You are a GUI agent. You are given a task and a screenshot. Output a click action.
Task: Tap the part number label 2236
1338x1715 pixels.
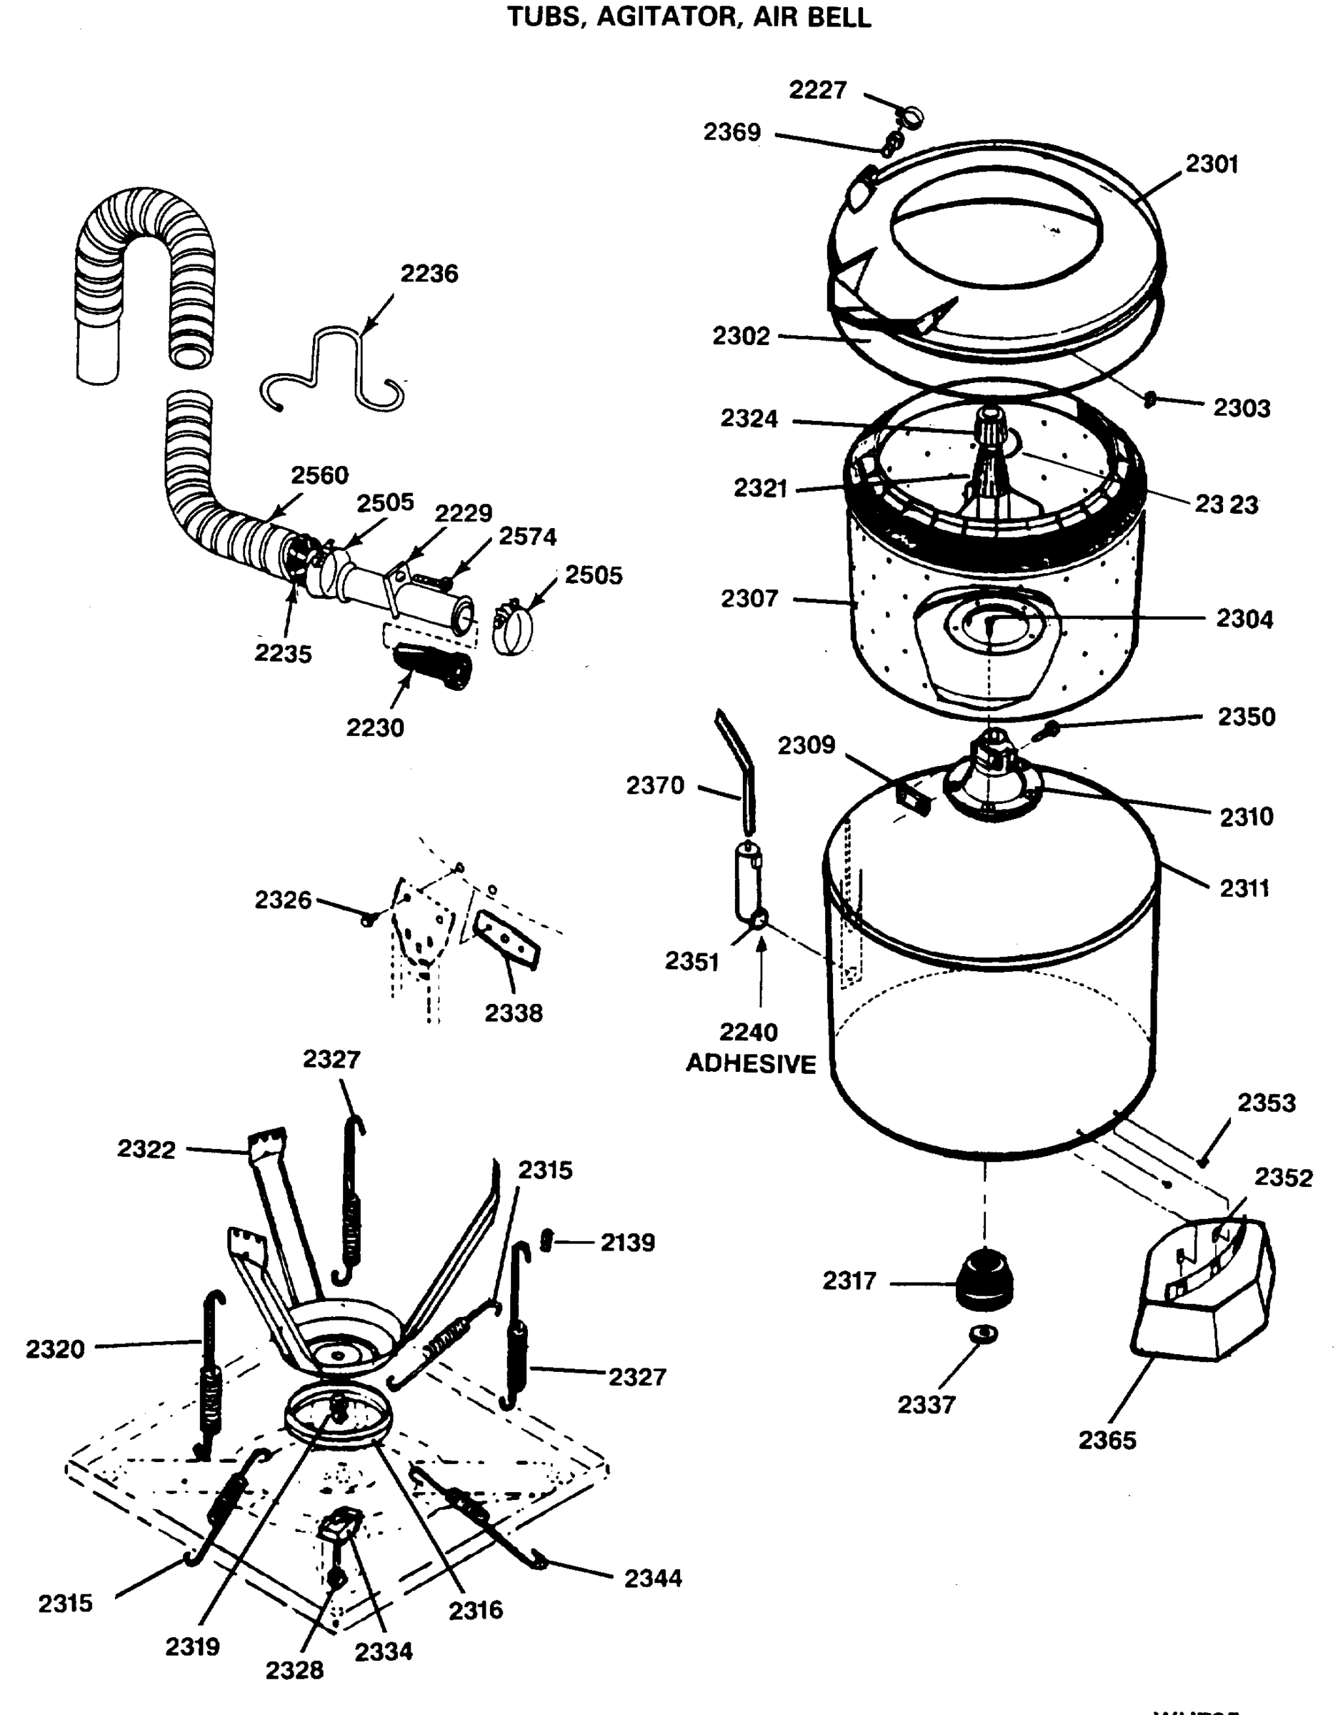coord(429,274)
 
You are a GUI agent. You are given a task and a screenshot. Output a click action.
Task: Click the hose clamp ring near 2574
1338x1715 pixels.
coord(513,629)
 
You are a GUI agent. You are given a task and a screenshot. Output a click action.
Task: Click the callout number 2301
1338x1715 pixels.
coord(1212,164)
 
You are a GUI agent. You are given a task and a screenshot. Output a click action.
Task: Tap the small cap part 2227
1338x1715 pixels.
coord(911,119)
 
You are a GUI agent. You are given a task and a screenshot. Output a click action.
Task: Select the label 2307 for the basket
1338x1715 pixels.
coord(749,598)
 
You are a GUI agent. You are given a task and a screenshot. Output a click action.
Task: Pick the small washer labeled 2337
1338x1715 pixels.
coord(983,1333)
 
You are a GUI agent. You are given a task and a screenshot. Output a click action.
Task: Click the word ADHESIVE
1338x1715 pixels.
coord(751,1064)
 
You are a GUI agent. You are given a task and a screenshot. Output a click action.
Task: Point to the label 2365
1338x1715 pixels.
coord(1107,1440)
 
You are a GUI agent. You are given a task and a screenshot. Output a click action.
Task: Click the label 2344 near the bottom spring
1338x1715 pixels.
coord(652,1579)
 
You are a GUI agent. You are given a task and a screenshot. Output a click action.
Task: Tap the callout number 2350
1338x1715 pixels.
coord(1246,716)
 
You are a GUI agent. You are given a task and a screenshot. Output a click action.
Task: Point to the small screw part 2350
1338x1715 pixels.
coord(1047,731)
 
